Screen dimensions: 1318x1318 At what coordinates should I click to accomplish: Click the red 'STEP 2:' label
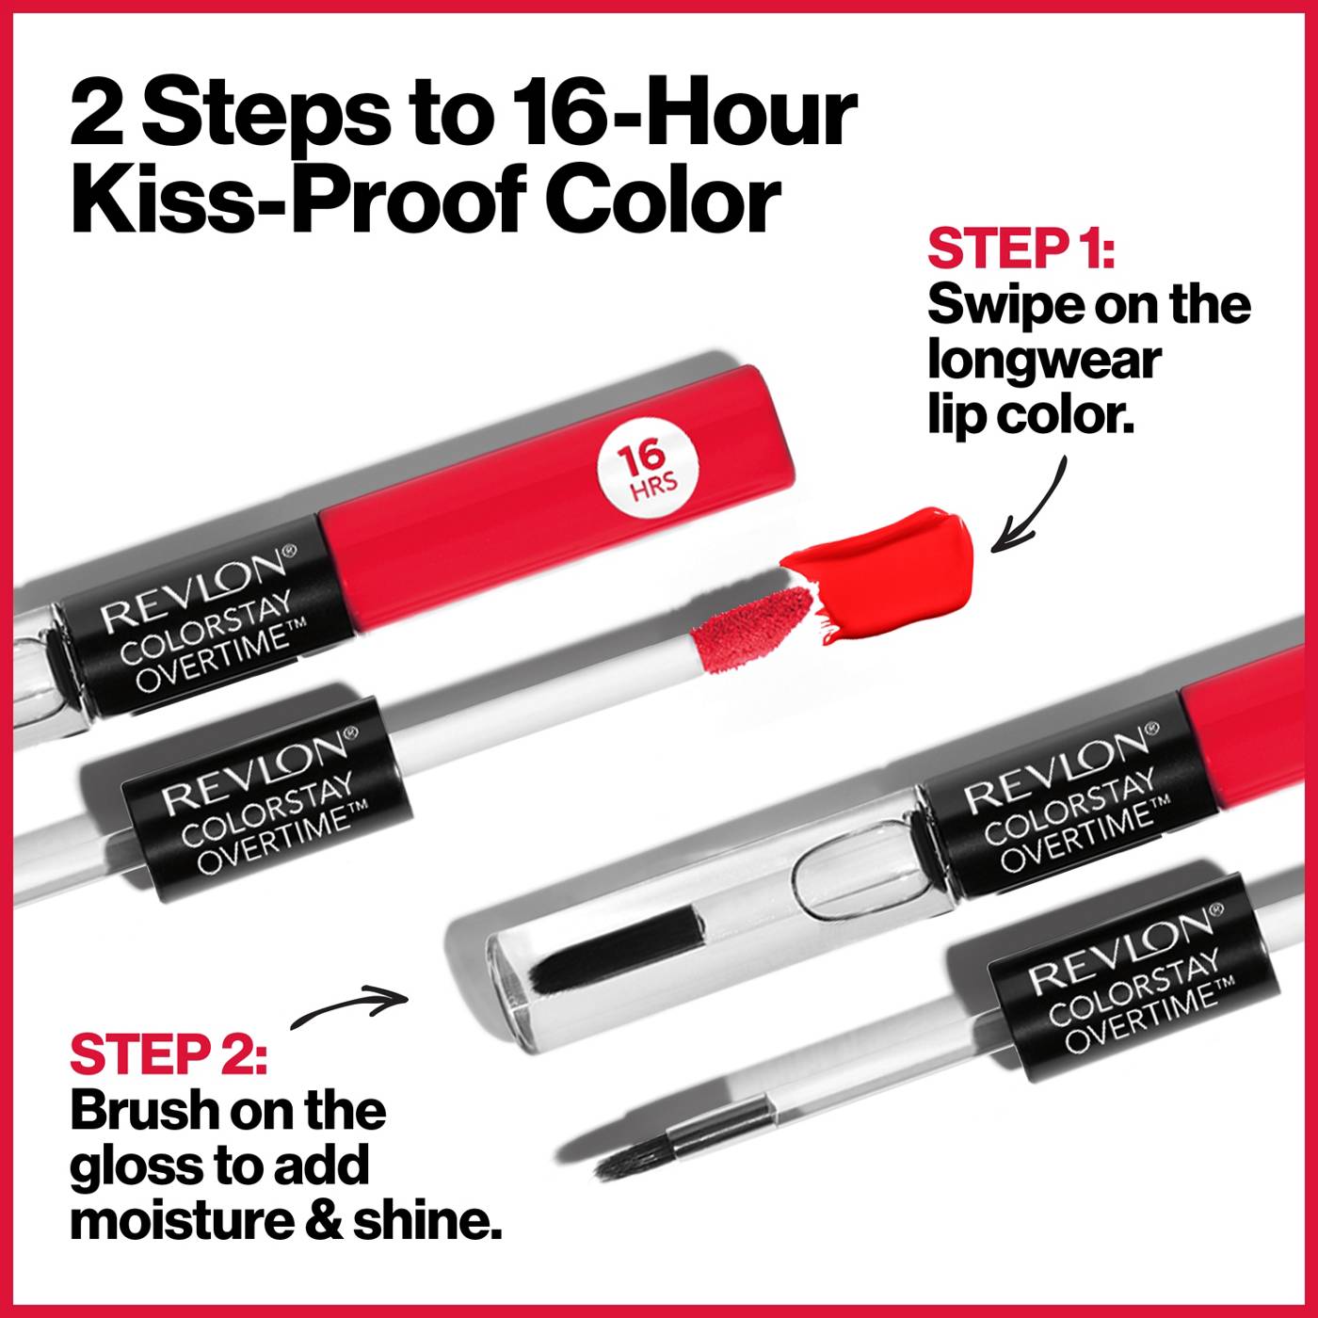pyautogui.click(x=169, y=1054)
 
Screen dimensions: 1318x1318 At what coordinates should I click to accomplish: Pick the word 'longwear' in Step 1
pyautogui.click(x=1044, y=360)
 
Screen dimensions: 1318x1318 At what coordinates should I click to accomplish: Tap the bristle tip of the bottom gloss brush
pyautogui.click(x=625, y=1164)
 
